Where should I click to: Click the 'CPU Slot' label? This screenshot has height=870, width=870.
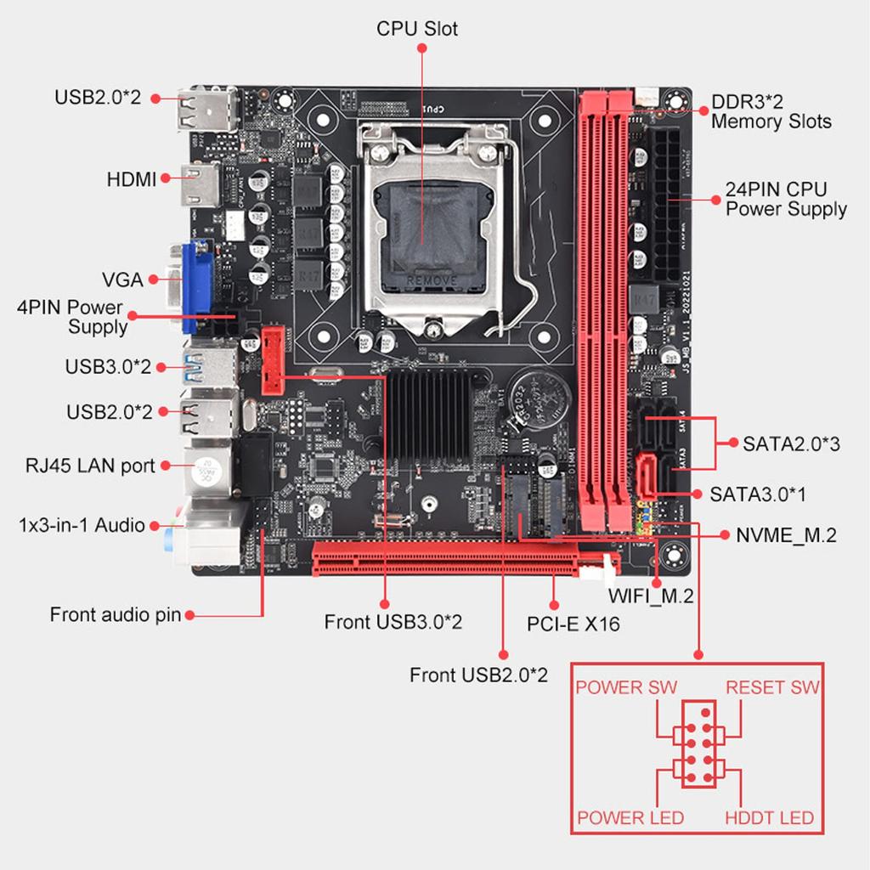416,29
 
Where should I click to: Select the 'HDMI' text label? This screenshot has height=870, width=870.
132,179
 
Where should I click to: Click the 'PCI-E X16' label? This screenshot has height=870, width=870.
573,624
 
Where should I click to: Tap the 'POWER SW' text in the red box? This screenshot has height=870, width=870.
626,687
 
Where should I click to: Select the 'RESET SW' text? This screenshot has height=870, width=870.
772,687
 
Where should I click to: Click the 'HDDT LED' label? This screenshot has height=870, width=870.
769,818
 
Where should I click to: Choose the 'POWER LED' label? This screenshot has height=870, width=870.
630,818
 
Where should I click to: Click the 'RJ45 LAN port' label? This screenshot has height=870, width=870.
90,466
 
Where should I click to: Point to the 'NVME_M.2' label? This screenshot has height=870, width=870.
786,535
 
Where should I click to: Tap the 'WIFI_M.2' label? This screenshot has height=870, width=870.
651,596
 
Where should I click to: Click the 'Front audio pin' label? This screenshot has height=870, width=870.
116,614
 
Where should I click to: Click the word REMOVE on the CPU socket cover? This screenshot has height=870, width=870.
433,280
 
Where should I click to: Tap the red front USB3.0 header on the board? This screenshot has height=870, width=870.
272,359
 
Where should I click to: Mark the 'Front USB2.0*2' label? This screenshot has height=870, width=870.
478,675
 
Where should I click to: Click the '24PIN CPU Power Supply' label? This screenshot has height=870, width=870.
786,199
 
